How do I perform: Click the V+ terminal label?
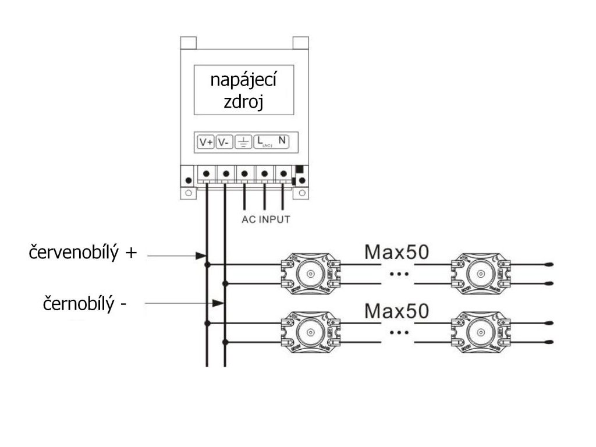[206, 141]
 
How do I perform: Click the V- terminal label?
[224, 141]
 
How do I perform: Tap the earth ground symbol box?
[243, 141]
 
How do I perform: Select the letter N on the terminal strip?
[282, 140]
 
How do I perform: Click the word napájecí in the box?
[243, 81]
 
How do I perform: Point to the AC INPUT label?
[265, 220]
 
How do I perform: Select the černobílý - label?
[85, 304]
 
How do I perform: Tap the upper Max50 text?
[396, 252]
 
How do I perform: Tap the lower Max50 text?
[396, 310]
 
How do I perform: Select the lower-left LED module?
[310, 332]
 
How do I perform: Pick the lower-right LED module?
[480, 332]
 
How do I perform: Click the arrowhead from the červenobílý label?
[201, 255]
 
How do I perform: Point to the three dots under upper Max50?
[399, 274]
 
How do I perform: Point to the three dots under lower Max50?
[399, 332]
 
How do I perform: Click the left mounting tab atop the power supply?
[188, 43]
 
